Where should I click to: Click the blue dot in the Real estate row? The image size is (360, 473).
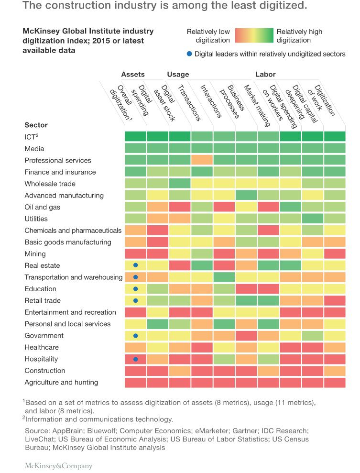136,265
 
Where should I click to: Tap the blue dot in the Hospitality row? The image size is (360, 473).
136,359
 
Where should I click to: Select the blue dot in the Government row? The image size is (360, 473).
136,336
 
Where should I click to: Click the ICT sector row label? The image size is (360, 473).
31,137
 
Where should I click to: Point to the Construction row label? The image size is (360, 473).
45,371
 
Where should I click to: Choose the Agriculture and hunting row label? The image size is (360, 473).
61,382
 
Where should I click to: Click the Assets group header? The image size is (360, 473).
132,75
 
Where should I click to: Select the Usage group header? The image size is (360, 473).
178,75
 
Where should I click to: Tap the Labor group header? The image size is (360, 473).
265,75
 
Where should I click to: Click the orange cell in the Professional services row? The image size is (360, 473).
202,160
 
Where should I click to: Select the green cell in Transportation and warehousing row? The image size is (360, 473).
224,277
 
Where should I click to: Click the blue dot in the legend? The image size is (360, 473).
189,54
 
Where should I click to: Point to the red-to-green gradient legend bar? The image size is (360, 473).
253,36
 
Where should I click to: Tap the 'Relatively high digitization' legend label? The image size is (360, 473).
299,36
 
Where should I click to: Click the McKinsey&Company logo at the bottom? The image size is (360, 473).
58,465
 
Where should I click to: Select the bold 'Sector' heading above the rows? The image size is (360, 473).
36,125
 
